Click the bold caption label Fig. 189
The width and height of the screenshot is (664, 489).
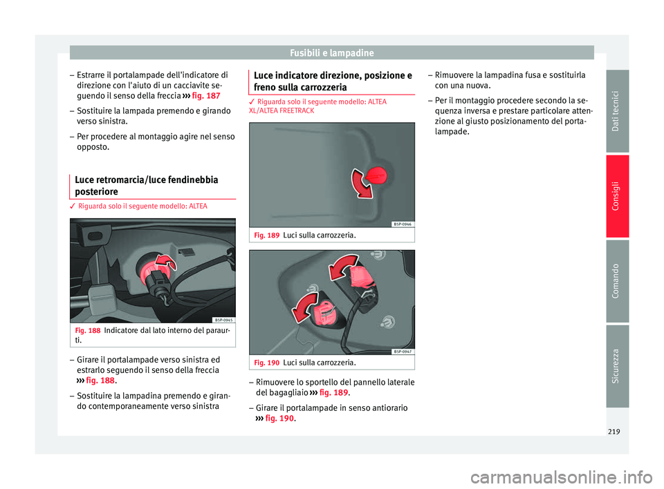267,236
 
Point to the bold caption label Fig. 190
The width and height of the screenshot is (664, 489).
267,363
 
